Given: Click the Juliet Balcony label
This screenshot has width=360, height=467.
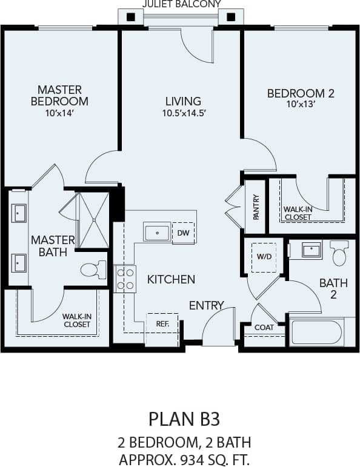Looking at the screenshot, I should pos(181,4).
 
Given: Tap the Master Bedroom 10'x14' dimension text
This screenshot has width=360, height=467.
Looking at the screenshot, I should pos(59,114).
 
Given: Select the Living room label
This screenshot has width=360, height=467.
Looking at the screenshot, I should pos(183,101).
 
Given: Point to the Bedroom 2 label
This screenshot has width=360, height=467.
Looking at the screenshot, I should pos(301,93).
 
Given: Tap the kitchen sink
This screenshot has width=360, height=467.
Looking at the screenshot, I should pos(157,232).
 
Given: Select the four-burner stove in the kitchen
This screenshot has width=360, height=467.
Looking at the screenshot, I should pos(125,279).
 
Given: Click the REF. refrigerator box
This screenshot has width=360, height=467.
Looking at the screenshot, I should pos(162,324).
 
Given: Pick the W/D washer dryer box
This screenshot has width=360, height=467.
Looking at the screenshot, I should pos(264,256).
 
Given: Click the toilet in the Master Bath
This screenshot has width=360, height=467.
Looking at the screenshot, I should pos(93,270).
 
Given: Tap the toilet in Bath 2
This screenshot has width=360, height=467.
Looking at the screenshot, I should pos(339,253).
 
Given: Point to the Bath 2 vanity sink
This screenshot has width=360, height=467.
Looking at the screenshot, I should pos(312,249).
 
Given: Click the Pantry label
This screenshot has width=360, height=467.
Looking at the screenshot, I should pos(256,207).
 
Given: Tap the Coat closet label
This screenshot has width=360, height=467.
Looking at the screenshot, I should pos(264,328).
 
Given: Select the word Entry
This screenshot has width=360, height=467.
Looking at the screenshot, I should pos(206,305).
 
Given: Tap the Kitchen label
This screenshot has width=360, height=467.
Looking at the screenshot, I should pos(171,279).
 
